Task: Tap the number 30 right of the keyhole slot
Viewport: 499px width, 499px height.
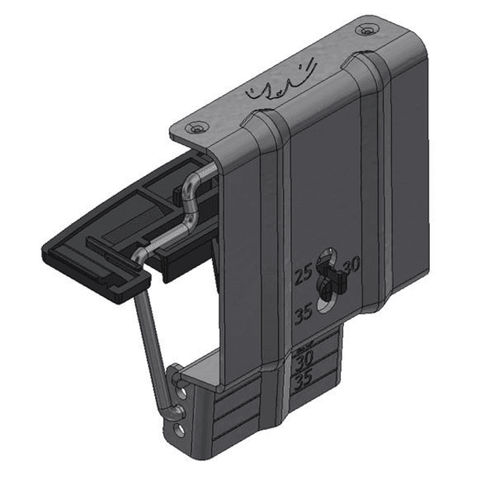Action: tap(352, 266)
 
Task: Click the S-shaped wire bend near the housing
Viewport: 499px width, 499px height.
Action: tap(191, 207)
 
